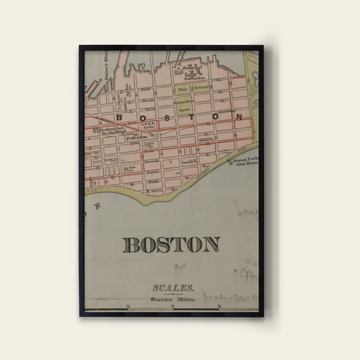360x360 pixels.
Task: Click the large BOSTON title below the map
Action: pos(171,245)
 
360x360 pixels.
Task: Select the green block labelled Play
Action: pos(181,88)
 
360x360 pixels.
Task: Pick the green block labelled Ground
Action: pos(202,88)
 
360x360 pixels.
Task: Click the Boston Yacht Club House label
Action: pos(245,162)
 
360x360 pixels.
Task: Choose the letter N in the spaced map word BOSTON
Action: pos(238,117)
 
